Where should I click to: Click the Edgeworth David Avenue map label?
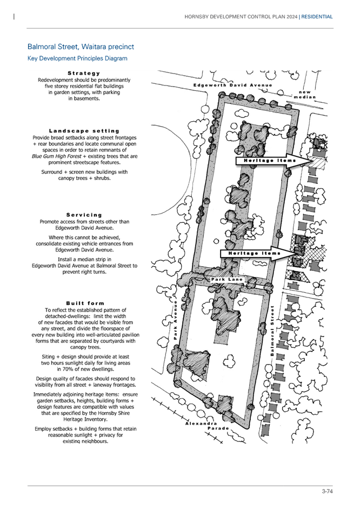[x=233, y=85]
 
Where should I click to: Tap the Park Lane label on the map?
[x=226, y=279]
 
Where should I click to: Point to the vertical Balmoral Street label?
[x=272, y=330]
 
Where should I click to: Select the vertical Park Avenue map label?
[x=175, y=320]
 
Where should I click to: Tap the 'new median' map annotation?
[x=305, y=95]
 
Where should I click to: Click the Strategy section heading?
[x=84, y=74]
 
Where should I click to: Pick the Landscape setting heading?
[x=84, y=131]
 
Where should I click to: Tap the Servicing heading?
[x=84, y=215]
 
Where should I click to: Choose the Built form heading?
[x=85, y=303]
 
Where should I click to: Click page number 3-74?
[x=327, y=491]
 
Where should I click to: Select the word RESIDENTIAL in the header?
[x=317, y=17]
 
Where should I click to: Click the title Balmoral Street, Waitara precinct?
[x=81, y=47]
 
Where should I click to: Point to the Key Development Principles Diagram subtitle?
[x=77, y=58]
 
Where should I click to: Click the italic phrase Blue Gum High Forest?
[x=56, y=156]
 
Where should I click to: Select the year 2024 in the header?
[x=292, y=17]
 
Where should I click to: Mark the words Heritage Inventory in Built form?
[x=85, y=419]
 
